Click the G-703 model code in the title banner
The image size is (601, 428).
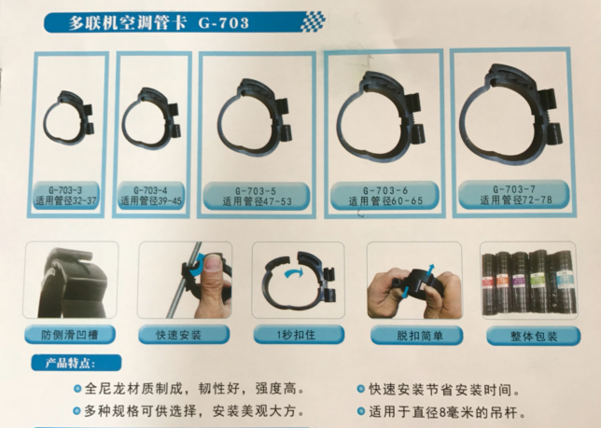223,23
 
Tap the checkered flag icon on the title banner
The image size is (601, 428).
314,21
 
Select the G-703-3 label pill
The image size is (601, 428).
66,195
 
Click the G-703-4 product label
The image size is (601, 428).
151,195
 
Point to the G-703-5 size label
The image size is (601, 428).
256,196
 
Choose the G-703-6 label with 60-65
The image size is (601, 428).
384,195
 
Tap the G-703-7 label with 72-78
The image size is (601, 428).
514,195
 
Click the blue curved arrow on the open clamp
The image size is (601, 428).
293,273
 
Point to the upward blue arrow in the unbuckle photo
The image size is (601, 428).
430,269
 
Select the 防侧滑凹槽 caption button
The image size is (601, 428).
70,335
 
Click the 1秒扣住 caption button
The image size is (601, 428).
299,335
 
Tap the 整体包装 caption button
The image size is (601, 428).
534,336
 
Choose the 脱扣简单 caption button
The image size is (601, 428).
416,336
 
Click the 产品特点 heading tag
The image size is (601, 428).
77,363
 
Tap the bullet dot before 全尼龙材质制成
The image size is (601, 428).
77,389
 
